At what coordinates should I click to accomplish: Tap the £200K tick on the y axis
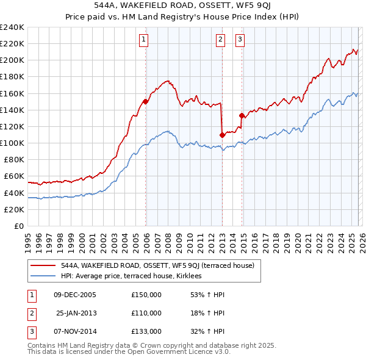pos(12,60)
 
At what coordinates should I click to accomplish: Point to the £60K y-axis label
pos(14,176)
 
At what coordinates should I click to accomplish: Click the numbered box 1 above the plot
pos(143,40)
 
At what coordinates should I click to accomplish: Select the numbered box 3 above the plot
pos(240,40)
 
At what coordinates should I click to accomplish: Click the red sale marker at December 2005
pos(146,102)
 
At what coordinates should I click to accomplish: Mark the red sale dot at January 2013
pos(222,135)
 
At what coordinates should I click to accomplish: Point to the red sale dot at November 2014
pos(242,115)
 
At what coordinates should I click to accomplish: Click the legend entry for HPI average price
pos(135,276)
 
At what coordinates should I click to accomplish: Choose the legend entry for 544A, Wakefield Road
pos(161,265)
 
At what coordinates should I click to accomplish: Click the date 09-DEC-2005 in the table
pos(74,295)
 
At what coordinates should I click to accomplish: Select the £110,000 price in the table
pos(146,313)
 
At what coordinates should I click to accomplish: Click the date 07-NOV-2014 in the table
pos(74,331)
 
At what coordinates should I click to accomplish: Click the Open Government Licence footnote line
pos(129,352)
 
